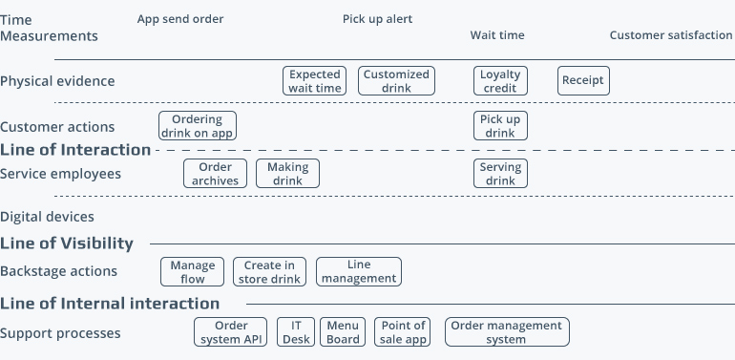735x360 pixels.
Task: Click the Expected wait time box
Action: [314, 80]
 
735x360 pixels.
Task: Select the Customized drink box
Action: [396, 80]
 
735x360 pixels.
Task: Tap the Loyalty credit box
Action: [500, 80]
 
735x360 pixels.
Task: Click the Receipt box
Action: [583, 80]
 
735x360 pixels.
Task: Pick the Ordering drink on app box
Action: [198, 126]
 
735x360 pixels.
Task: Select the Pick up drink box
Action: [500, 126]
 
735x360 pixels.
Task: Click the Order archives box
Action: [209, 173]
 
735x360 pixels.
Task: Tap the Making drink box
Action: [287, 173]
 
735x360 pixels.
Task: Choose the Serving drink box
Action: [500, 173]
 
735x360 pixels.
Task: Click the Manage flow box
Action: [193, 272]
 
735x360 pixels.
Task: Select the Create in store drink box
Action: [269, 272]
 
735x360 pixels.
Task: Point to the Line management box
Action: [359, 272]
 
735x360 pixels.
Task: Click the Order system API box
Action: [232, 332]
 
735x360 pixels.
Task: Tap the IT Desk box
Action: [297, 332]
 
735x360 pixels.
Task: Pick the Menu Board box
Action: [343, 332]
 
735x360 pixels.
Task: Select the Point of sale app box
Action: [402, 332]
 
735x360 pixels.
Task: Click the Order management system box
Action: [507, 332]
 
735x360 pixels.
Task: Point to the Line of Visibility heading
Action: [67, 244]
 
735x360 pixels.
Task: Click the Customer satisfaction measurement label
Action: [671, 35]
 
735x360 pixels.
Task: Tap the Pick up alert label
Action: [378, 19]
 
